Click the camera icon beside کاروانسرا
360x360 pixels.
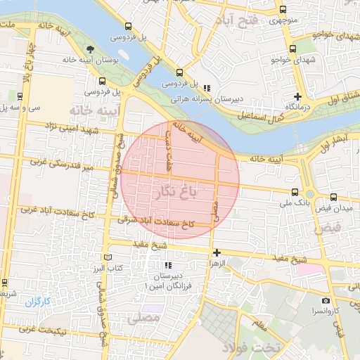326,301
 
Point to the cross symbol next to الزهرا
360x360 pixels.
217,252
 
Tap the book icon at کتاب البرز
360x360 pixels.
108,257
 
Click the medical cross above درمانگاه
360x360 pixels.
298,96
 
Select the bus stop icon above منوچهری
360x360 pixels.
283,10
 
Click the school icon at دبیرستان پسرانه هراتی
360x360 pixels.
206,88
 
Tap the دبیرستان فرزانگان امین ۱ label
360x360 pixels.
168,280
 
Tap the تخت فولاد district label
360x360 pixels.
251,348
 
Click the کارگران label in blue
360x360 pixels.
39,302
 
